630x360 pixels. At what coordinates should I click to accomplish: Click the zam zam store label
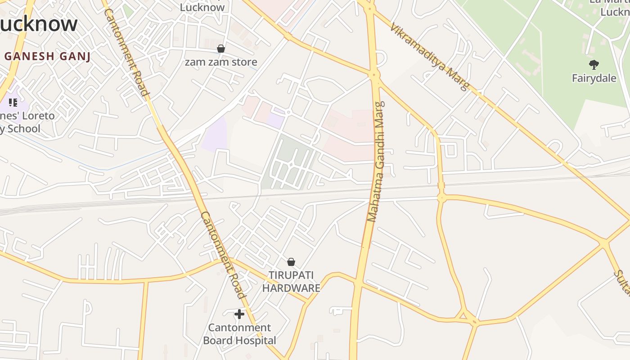(221, 62)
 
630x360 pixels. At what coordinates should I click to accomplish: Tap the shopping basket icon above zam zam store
(221, 48)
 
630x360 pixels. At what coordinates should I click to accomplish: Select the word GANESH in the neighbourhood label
(36, 56)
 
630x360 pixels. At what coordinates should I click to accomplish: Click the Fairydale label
(594, 78)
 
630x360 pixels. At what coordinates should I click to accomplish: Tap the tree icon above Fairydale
(594, 65)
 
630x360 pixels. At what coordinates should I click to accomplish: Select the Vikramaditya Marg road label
(429, 57)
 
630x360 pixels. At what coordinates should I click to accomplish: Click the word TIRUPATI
(291, 275)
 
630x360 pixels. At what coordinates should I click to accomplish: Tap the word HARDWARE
(291, 288)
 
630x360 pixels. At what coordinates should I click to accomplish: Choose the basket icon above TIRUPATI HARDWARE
(291, 262)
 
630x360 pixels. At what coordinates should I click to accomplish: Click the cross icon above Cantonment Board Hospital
(239, 314)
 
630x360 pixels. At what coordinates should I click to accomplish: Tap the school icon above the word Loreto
(13, 102)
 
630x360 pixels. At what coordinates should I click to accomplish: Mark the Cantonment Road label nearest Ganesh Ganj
(127, 52)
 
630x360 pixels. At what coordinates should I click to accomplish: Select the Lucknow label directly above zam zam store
(202, 7)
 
